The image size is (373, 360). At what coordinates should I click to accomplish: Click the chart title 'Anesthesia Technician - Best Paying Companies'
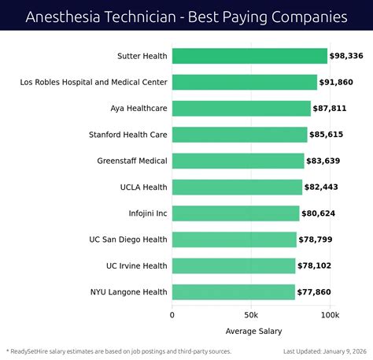(x=186, y=16)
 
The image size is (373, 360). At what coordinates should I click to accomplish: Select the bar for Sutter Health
(x=249, y=56)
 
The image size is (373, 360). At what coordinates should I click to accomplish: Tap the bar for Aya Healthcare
(x=241, y=109)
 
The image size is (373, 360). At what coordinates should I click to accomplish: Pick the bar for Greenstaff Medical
(x=238, y=161)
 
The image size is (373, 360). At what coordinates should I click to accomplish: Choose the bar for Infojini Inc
(x=235, y=213)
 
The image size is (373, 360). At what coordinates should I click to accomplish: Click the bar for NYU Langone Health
(x=233, y=292)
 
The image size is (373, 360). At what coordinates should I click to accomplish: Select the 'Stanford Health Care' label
(x=128, y=135)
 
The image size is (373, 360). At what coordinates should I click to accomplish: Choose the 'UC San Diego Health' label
(x=128, y=239)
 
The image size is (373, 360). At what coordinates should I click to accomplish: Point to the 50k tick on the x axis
(x=250, y=315)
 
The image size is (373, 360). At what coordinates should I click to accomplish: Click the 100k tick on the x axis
(x=329, y=315)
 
